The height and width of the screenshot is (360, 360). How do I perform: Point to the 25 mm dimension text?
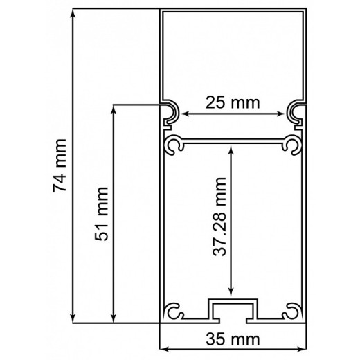pyautogui.click(x=233, y=104)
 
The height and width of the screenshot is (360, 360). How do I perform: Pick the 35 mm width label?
pyautogui.click(x=233, y=339)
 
